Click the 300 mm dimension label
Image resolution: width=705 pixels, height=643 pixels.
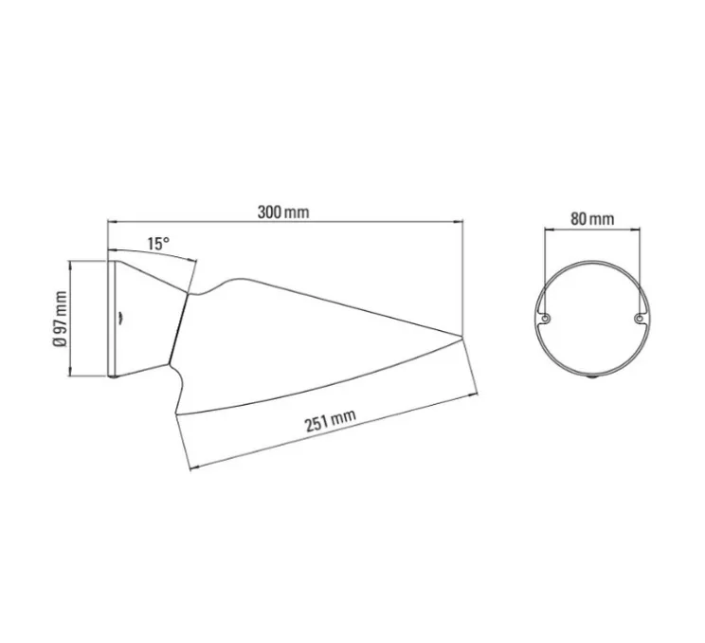tap(283, 211)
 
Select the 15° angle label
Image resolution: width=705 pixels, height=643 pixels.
tap(158, 244)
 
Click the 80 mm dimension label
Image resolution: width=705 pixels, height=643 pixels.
tap(592, 219)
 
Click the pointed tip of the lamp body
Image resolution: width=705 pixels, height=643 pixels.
tap(461, 333)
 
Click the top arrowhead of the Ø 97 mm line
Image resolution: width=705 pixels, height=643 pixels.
tap(72, 264)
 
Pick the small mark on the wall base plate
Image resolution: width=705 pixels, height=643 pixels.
tap(119, 320)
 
